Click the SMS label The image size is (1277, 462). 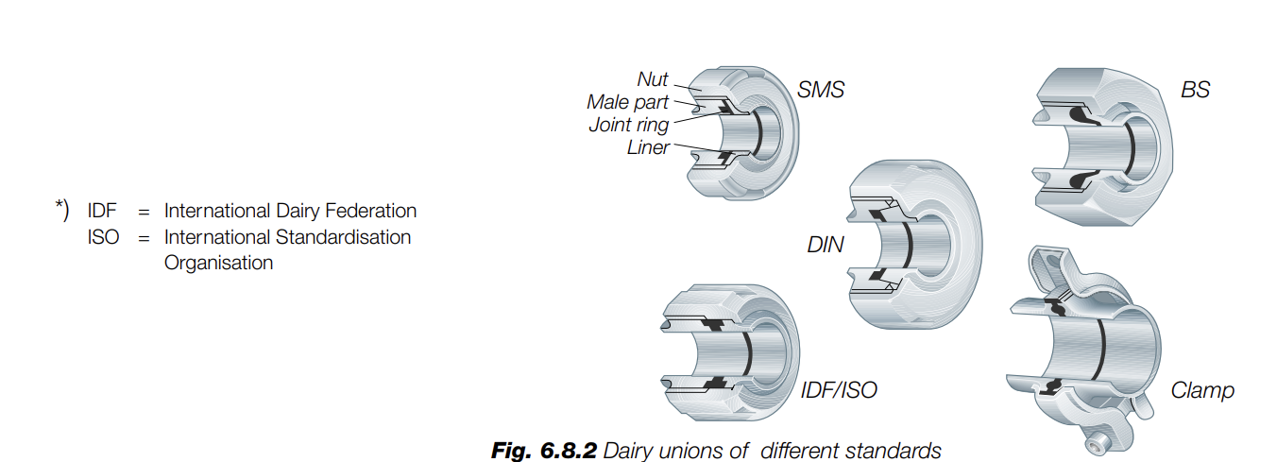pyautogui.click(x=820, y=92)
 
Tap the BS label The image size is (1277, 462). pyautogui.click(x=1195, y=91)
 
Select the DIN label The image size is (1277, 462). pyautogui.click(x=826, y=246)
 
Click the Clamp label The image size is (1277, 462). pyautogui.click(x=1202, y=389)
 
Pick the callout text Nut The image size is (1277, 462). pyautogui.click(x=653, y=80)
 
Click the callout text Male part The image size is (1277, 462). pyautogui.click(x=627, y=102)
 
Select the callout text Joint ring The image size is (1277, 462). pyautogui.click(x=628, y=125)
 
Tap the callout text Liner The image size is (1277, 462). pyautogui.click(x=648, y=147)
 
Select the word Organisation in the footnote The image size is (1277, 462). pyautogui.click(x=218, y=263)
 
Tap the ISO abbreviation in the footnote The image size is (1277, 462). pyautogui.click(x=103, y=237)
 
